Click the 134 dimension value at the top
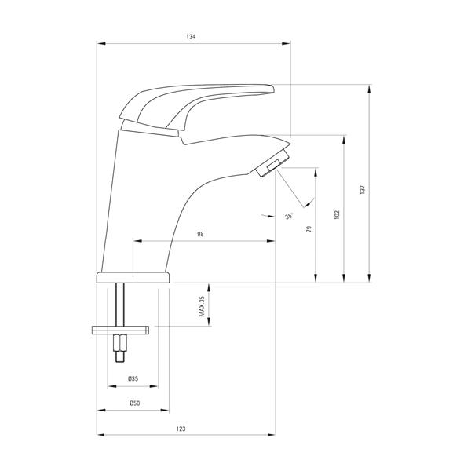[192, 37]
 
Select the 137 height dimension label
[362, 188]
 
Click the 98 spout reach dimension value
[201, 235]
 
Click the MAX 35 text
[202, 306]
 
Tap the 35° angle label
[289, 217]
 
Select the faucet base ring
[133, 278]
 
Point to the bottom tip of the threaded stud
[120, 359]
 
